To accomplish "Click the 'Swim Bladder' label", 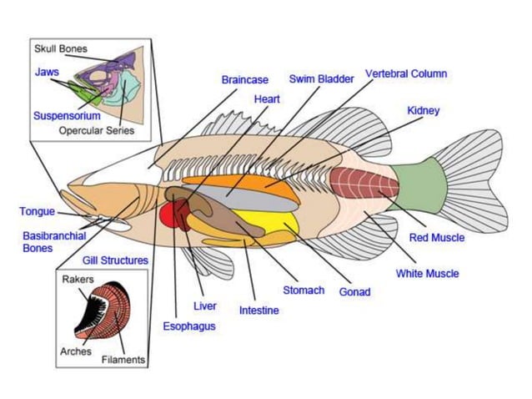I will (x=321, y=78).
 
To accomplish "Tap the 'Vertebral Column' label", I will (x=405, y=73).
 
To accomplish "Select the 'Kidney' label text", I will (x=423, y=110).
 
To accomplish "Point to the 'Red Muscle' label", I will (x=436, y=238).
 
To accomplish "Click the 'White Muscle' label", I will (x=426, y=273).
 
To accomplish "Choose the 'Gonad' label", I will (x=354, y=292).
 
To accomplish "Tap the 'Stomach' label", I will (x=303, y=290).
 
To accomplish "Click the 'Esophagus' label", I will (x=188, y=326).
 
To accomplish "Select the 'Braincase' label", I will (x=244, y=80).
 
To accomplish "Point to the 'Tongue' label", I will (x=37, y=211).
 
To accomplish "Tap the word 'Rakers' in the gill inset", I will (x=78, y=279).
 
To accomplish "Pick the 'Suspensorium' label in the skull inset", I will (x=67, y=116).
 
